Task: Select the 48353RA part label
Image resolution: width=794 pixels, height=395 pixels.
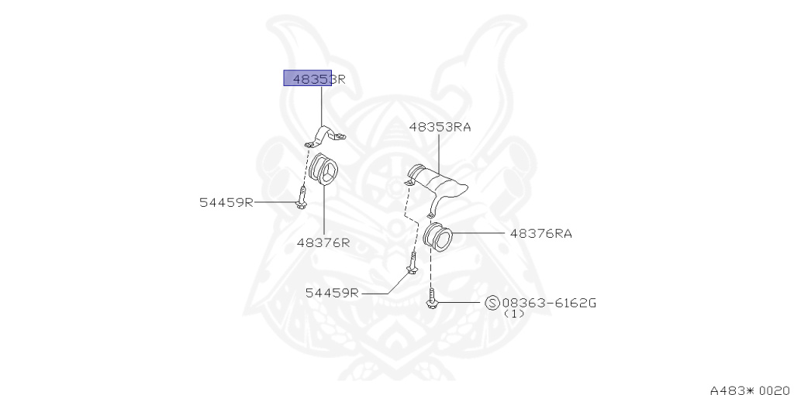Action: coord(440,127)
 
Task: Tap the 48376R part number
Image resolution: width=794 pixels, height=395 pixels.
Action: coord(323,242)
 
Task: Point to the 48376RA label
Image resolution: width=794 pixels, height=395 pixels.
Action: coord(540,232)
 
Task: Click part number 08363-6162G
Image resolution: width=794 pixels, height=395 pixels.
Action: coord(549,302)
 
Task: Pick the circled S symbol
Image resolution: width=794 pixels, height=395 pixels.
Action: coord(492,303)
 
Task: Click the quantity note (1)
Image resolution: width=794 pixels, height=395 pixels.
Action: coord(514,314)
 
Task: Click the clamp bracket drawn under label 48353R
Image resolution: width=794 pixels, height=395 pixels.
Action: coord(325,137)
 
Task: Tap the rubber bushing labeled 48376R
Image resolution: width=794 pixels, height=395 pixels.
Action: coord(323,170)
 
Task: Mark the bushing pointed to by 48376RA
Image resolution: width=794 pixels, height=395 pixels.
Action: coord(438,238)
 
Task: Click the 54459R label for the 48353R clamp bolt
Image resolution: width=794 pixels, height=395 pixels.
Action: coord(226,203)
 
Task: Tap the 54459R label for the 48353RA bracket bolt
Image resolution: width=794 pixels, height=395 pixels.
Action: coord(331,293)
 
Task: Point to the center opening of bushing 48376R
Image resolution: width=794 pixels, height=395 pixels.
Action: coord(327,171)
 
